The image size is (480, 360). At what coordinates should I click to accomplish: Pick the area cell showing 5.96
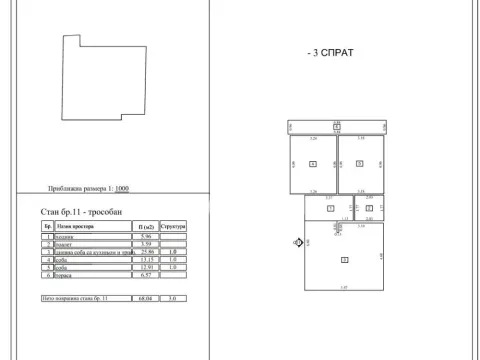tap(146, 237)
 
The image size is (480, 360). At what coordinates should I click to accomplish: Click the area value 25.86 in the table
tap(146, 251)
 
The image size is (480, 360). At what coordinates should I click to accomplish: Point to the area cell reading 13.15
tap(146, 259)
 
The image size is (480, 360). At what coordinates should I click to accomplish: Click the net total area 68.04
tap(146, 298)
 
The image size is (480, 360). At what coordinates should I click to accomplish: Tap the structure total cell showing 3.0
tap(173, 298)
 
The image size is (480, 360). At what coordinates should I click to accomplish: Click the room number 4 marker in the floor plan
tap(313, 163)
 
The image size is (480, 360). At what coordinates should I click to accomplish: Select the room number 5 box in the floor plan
tap(360, 163)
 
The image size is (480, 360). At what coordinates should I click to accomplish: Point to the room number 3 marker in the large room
tap(345, 259)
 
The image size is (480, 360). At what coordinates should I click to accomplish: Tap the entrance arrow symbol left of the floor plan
tap(298, 242)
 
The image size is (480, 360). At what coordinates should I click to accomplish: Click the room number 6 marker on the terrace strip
tap(337, 127)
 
